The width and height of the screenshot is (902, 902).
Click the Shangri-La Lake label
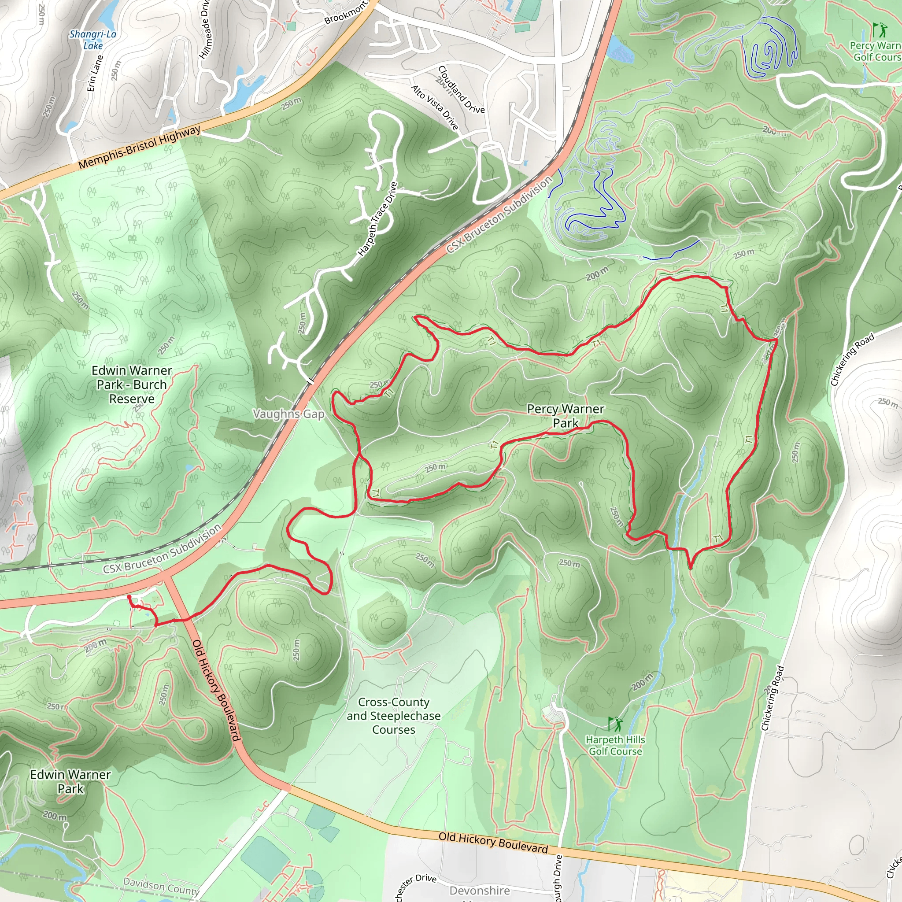coord(93,40)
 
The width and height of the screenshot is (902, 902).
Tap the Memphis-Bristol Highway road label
coord(139,148)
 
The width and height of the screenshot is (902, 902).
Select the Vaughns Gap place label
coord(288,414)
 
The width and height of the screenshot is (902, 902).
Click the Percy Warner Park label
coord(566,415)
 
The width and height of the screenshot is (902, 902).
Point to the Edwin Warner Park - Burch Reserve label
coord(132,384)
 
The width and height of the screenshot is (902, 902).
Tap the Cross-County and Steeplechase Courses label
coord(394,716)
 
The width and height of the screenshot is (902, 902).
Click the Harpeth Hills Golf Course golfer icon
coord(615,724)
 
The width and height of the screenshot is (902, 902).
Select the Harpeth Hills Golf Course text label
coord(615,745)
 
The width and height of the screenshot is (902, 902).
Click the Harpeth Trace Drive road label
coord(378,219)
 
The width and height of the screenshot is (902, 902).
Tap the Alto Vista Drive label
coord(435,107)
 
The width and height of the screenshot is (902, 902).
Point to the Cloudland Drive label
coord(461,90)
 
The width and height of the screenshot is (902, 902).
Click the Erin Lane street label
coord(95,73)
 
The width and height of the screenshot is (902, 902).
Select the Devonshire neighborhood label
coord(480,890)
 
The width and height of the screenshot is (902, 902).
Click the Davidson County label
coord(161,886)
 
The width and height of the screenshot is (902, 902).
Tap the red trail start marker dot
coord(129,597)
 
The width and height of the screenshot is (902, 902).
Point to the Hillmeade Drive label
coord(204,29)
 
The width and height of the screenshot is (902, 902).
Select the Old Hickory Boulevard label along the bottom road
coord(493,842)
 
